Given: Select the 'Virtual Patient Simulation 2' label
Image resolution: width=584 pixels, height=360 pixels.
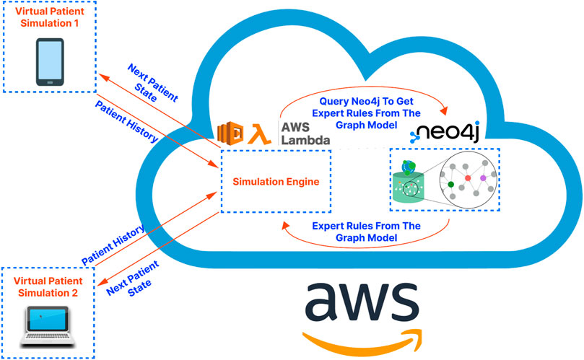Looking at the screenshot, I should click(48, 286).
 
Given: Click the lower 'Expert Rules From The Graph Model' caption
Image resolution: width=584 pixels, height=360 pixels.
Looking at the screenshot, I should click(365, 232).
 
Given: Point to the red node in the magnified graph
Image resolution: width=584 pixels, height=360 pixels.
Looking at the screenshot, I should click(468, 177).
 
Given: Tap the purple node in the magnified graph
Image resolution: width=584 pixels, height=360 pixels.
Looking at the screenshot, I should click(484, 177).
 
